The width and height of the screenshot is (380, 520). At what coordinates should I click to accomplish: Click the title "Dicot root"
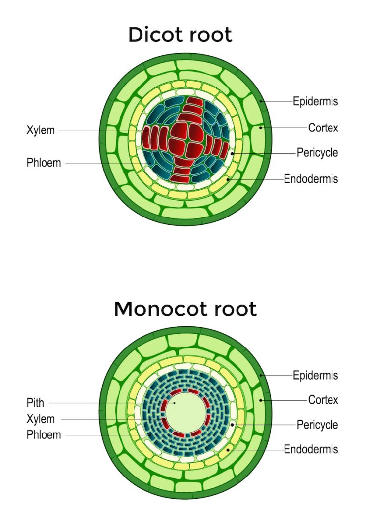point(180,35)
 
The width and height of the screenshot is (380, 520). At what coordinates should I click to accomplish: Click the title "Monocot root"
point(185,309)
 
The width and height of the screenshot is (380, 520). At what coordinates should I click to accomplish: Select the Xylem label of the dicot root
point(41,131)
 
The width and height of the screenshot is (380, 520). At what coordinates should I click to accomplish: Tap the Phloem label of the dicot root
point(44,163)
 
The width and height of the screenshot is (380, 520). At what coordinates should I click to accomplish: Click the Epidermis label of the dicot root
point(315,101)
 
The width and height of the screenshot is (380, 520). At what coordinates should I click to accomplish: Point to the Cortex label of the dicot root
point(323,128)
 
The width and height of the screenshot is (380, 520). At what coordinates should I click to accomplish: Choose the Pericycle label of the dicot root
point(317,152)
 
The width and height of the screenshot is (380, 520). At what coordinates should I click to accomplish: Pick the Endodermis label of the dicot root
point(311,178)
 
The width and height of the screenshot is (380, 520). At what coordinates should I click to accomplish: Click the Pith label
point(35,403)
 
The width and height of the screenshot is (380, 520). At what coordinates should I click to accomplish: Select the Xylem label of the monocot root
point(41,419)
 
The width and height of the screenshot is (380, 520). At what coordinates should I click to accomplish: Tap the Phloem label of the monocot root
point(44,435)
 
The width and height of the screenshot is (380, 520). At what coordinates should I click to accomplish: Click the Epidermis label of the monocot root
point(315,375)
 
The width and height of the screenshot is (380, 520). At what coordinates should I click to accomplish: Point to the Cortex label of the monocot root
point(323,399)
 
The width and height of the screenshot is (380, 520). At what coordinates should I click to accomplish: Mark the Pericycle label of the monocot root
point(317,424)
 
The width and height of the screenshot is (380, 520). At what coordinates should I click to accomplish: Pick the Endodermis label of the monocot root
point(311,449)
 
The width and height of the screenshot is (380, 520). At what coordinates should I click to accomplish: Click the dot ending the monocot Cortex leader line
point(262,399)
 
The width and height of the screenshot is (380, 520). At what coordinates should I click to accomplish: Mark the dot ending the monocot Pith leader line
point(174,403)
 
